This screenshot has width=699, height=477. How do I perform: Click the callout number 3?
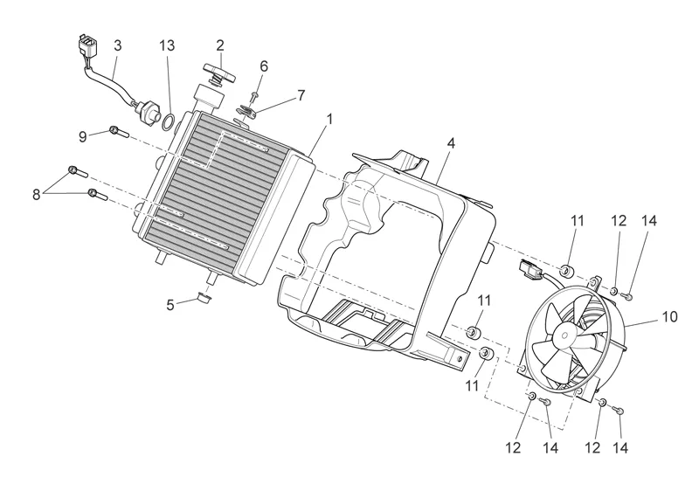118,43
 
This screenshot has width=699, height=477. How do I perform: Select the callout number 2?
220,44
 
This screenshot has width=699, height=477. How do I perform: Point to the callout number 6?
263,66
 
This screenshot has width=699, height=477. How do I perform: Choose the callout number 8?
37,194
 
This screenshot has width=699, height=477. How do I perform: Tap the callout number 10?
668,316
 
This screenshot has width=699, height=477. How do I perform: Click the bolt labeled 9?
119,133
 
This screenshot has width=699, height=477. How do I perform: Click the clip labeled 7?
246,110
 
